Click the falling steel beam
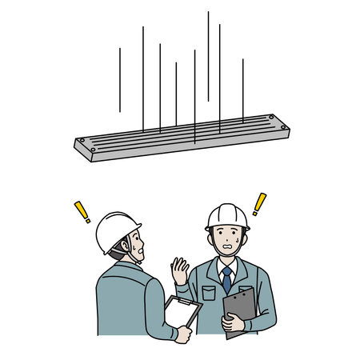click(182, 138)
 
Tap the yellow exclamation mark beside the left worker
click(82, 212)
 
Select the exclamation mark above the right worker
click(258, 204)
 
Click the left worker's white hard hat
click(117, 230)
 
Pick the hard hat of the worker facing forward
click(227, 216)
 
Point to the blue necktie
click(227, 279)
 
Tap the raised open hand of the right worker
click(180, 270)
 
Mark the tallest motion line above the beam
click(208, 56)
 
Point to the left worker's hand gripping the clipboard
click(185, 334)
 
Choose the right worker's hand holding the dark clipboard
click(232, 322)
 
